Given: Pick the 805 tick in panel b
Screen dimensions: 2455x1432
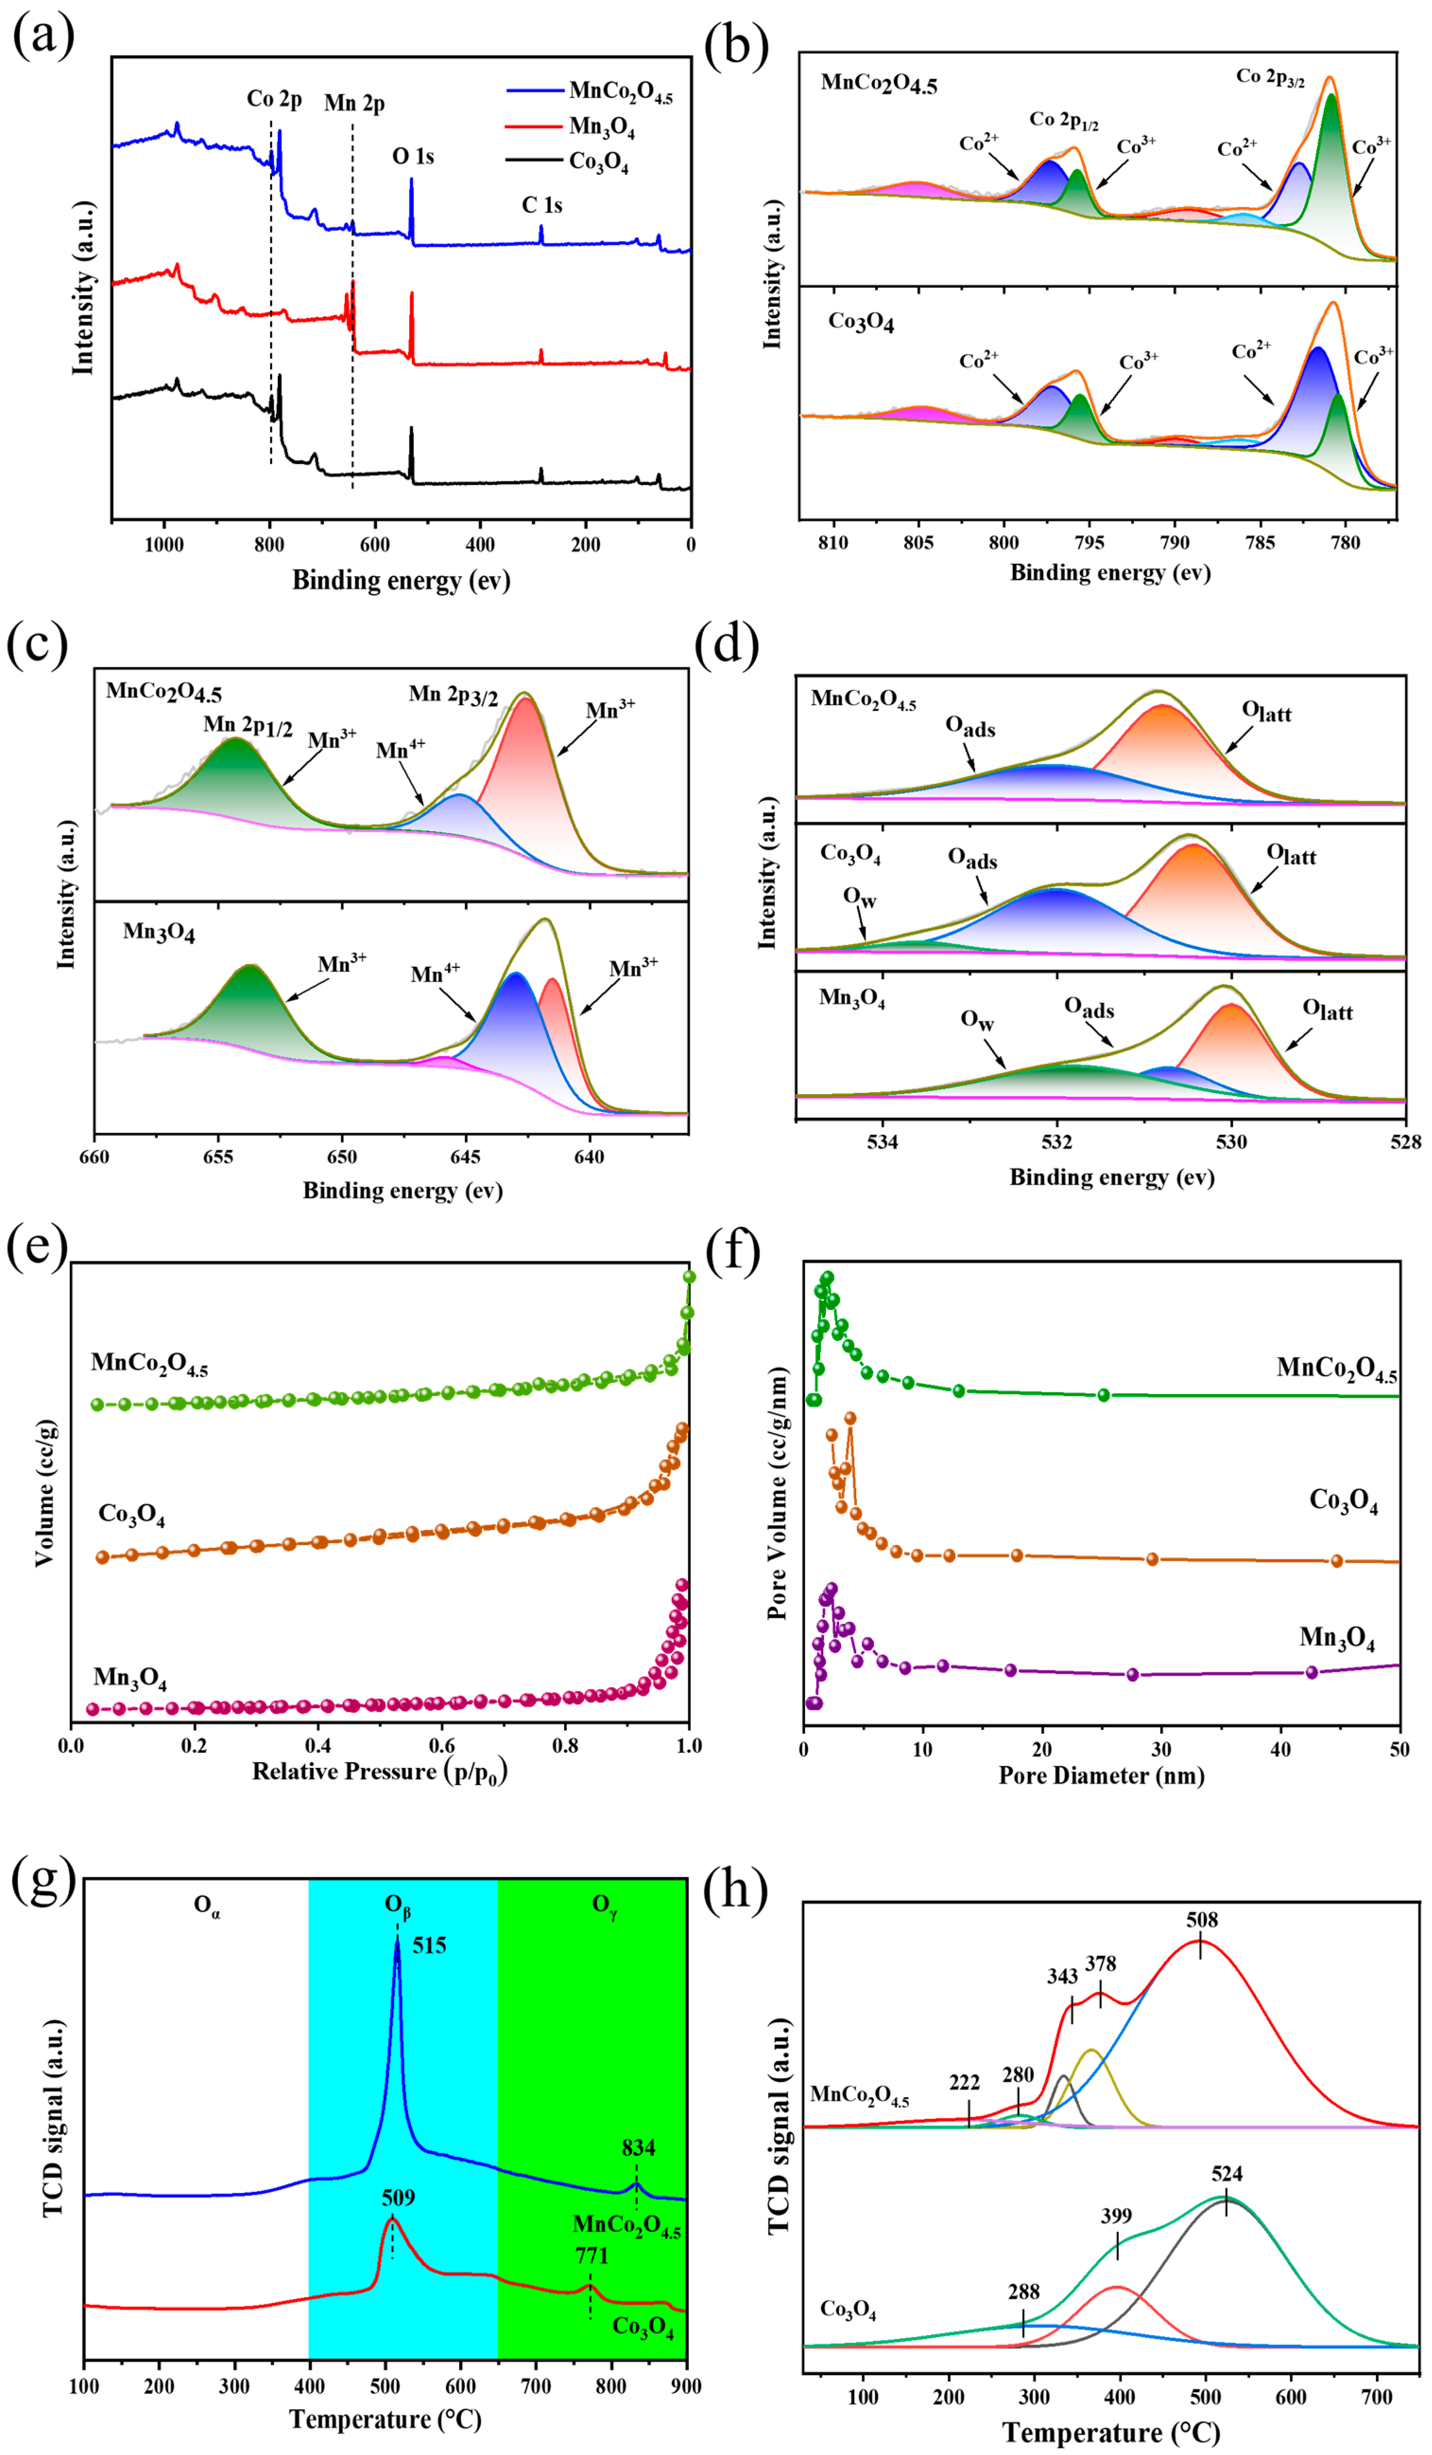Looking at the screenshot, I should pos(918,543).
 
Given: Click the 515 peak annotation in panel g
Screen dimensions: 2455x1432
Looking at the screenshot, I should pos(429,1946).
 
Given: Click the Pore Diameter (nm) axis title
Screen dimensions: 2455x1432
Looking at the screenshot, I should pos(1101,1775).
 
